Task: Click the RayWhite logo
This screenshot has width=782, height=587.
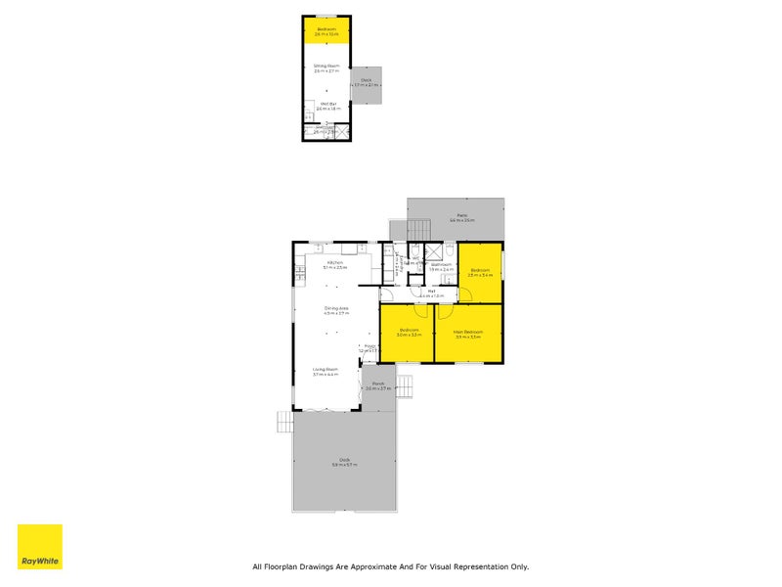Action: tap(39, 547)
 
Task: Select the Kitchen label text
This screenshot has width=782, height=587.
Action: tap(334, 263)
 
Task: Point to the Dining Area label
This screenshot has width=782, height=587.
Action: tap(336, 310)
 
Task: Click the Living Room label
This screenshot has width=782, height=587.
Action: tap(326, 369)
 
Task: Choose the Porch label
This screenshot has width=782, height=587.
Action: tap(377, 384)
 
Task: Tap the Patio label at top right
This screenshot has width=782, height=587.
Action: tap(461, 216)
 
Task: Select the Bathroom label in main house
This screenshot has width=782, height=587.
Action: tap(441, 264)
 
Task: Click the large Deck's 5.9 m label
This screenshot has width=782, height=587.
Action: tap(344, 464)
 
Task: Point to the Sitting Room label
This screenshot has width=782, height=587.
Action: tap(326, 67)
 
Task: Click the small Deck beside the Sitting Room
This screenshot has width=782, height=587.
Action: tap(367, 85)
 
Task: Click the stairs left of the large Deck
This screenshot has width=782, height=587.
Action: tap(284, 421)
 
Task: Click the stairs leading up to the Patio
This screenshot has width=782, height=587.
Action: tap(417, 228)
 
